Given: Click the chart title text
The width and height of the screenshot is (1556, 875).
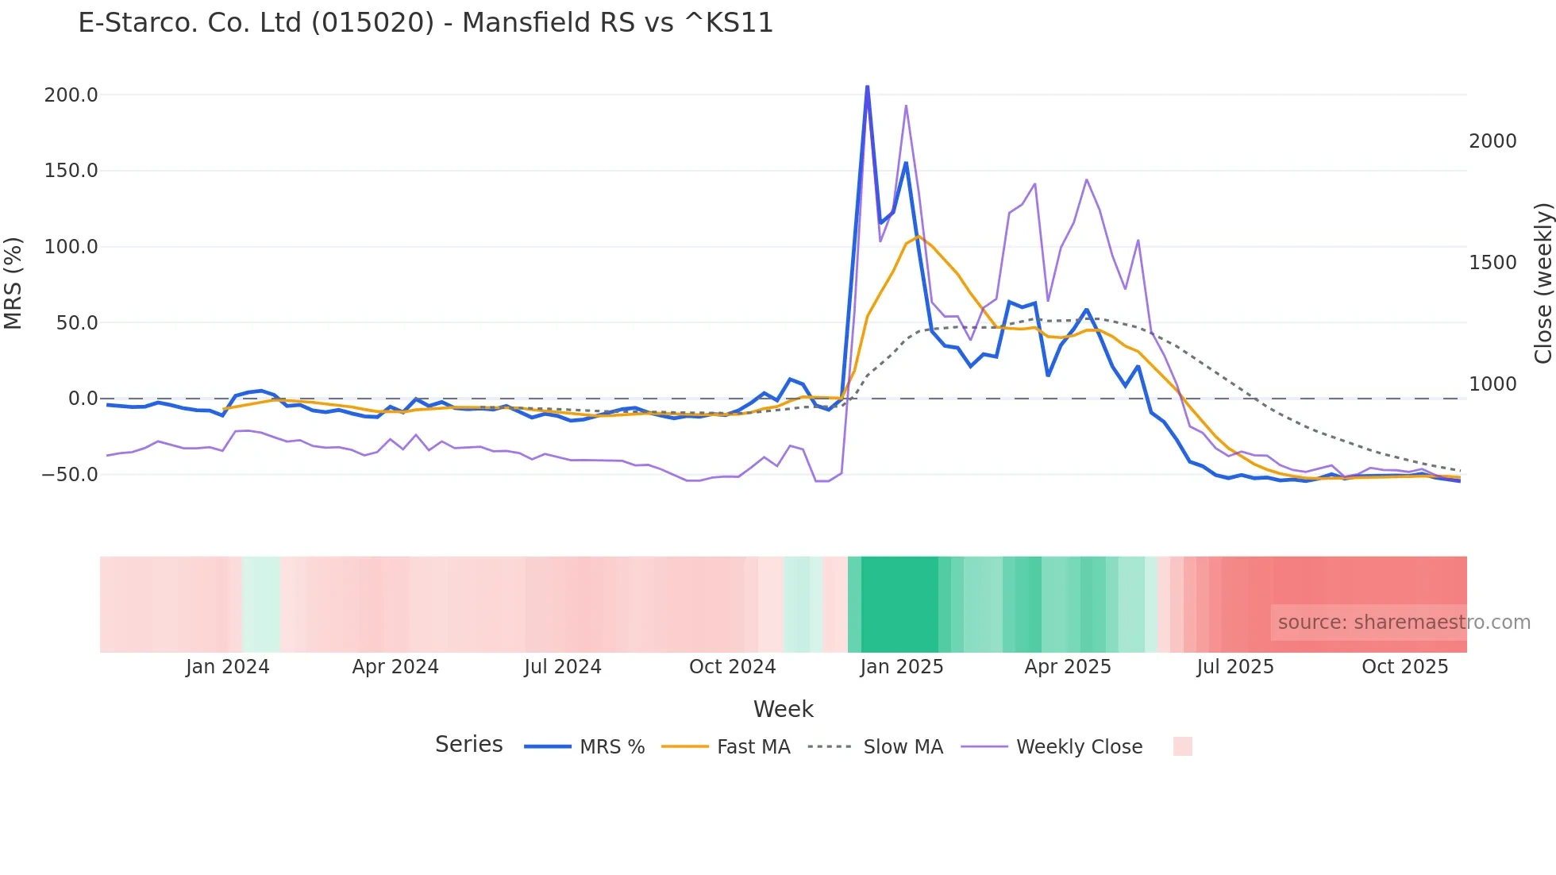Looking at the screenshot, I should click(426, 23).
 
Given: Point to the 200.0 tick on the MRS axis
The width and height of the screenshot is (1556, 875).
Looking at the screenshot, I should click(71, 95).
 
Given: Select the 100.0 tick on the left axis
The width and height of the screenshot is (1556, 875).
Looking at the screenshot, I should click(71, 247).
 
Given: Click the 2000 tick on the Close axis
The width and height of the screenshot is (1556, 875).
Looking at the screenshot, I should click(1492, 141).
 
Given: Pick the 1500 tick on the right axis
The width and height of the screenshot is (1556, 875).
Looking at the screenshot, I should click(1492, 263).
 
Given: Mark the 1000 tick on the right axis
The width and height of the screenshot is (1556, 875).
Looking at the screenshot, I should click(1492, 384).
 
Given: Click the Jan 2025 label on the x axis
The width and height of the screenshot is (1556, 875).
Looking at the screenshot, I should click(901, 667).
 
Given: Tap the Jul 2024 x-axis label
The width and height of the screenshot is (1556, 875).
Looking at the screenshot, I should click(562, 667).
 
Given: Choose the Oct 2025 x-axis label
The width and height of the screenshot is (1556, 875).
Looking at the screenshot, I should click(1404, 667).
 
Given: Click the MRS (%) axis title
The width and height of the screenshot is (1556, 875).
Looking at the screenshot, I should click(13, 283).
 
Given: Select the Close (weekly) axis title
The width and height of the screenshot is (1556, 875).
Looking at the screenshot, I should click(1543, 283).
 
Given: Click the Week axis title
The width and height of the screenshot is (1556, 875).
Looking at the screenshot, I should click(783, 709).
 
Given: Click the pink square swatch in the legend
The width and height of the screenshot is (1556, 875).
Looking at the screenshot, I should click(1182, 746).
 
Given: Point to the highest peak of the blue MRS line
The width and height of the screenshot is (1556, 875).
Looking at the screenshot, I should click(867, 86).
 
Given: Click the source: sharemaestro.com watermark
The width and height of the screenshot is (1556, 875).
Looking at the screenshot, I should click(1404, 623).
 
